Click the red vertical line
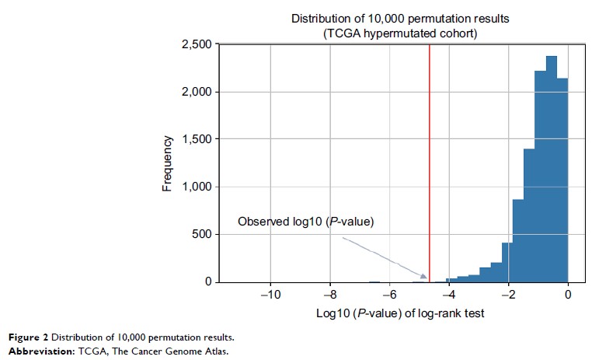pyautogui.click(x=430, y=156)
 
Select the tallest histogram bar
pyautogui.click(x=552, y=171)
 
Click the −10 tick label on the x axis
pyautogui.click(x=270, y=296)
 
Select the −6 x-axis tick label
pyautogui.click(x=389, y=296)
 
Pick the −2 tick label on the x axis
pyautogui.click(x=508, y=296)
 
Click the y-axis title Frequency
pyautogui.click(x=167, y=163)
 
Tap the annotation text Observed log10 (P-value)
pyautogui.click(x=305, y=222)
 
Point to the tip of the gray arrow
pyautogui.click(x=427, y=277)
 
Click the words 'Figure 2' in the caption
pyautogui.click(x=27, y=338)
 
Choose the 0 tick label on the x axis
pyautogui.click(x=568, y=296)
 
